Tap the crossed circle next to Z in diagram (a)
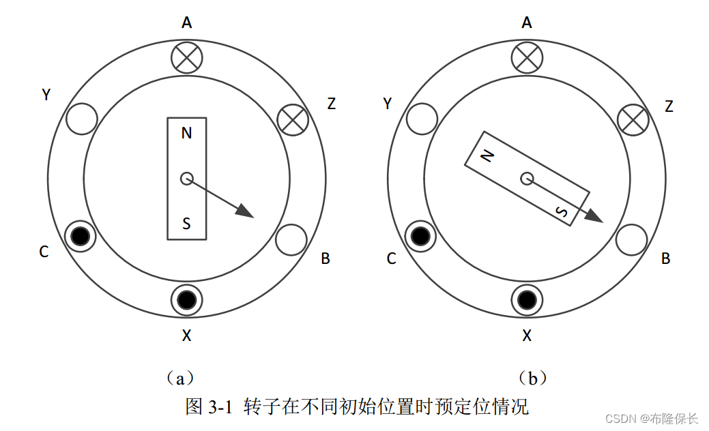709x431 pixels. [x=293, y=120]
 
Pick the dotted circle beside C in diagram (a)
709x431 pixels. [x=81, y=236]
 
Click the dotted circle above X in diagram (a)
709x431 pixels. [x=186, y=299]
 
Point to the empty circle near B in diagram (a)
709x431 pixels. [x=291, y=239]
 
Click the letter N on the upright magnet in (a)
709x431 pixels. [x=186, y=133]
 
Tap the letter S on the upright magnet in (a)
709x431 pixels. [x=186, y=224]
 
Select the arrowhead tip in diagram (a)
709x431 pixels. [x=253, y=218]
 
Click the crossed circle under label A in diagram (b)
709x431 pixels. [x=526, y=58]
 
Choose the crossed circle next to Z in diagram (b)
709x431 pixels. [x=633, y=120]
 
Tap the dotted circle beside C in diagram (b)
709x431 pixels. [x=421, y=236]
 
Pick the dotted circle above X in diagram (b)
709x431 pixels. [x=526, y=299]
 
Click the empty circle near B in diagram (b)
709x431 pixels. [x=631, y=239]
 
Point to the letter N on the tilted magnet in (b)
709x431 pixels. [x=487, y=157]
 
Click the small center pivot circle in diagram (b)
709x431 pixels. [x=526, y=179]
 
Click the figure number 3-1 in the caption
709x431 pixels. [x=222, y=408]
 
